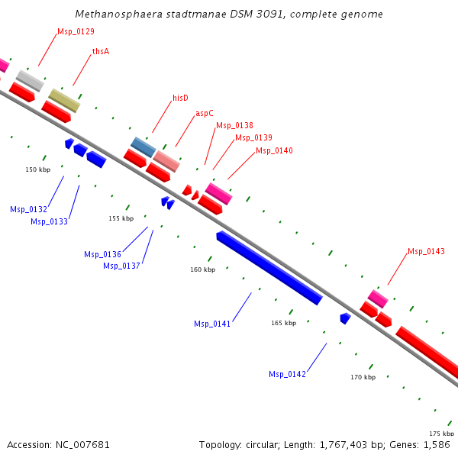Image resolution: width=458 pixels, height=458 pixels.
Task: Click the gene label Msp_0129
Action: pyautogui.click(x=76, y=32)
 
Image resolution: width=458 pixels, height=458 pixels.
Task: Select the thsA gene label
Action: pyautogui.click(x=100, y=51)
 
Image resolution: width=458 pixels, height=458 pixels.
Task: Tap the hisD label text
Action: pyautogui.click(x=180, y=98)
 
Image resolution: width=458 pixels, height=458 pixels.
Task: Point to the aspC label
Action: pyautogui.click(x=205, y=113)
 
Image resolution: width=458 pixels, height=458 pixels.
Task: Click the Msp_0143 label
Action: pyautogui.click(x=426, y=251)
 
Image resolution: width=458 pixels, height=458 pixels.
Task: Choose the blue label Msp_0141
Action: pyautogui.click(x=212, y=324)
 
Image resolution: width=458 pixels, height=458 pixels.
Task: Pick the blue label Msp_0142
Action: pyautogui.click(x=287, y=374)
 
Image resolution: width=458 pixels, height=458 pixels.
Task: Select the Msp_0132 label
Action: pyautogui.click(x=28, y=209)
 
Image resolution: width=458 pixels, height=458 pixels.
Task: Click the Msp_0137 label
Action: pyautogui.click(x=121, y=266)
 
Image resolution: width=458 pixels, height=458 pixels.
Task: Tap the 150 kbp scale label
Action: pyautogui.click(x=37, y=169)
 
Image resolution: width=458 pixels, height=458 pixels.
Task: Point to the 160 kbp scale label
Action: pyautogui.click(x=202, y=269)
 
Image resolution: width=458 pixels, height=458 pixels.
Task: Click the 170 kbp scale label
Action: pyautogui.click(x=363, y=377)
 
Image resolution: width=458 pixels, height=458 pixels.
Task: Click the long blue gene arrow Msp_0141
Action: pyautogui.click(x=269, y=268)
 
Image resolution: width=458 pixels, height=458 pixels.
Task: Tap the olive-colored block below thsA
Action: pyautogui.click(x=64, y=100)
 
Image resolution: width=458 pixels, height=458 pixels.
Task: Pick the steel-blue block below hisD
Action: pyautogui.click(x=144, y=146)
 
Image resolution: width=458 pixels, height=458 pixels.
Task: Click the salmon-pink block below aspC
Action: pyautogui.click(x=166, y=161)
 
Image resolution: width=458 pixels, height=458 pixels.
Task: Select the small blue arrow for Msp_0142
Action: pyautogui.click(x=345, y=318)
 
